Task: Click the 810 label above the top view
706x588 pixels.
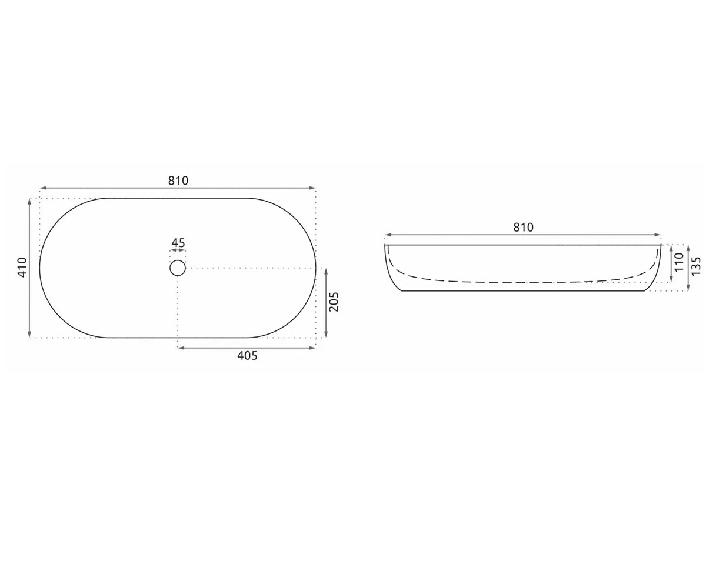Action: coord(178,181)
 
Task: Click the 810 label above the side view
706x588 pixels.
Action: coord(524,228)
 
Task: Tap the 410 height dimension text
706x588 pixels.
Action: coord(22,268)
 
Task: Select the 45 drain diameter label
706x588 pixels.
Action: coord(178,243)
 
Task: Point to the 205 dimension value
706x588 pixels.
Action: coord(334,302)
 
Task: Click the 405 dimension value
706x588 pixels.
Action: coord(247,356)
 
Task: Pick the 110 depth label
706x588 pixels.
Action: coord(679,262)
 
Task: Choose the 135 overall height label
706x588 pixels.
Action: coord(696,266)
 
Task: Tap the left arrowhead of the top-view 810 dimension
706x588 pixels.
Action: coord(43,188)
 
